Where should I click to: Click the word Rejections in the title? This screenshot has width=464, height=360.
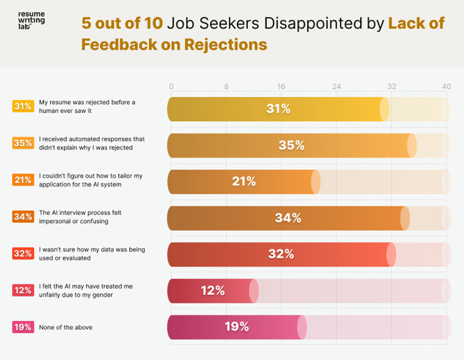(x=226, y=44)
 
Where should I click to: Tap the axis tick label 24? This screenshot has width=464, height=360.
(x=336, y=86)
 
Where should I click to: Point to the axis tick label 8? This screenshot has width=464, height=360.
(x=226, y=86)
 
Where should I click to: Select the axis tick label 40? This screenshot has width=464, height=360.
(x=446, y=86)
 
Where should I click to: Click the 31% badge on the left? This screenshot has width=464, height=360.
(x=23, y=106)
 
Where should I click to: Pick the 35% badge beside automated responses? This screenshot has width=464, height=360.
(x=23, y=143)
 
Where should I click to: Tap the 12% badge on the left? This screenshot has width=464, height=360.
(x=23, y=290)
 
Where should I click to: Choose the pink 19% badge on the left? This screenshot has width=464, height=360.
(x=23, y=327)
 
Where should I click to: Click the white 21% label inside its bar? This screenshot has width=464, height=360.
(x=244, y=182)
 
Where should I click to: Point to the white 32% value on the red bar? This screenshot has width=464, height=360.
(x=281, y=254)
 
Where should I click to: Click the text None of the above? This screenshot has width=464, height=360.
(x=66, y=327)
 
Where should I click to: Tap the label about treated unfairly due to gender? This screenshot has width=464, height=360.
(x=86, y=290)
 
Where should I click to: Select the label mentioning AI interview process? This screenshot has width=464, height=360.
(x=80, y=217)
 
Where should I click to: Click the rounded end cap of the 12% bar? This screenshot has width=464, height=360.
(x=254, y=291)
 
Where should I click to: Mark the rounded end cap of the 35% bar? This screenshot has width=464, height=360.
(x=412, y=146)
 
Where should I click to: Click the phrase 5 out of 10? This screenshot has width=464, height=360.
(x=122, y=23)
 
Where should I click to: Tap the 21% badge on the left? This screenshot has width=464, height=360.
(x=23, y=180)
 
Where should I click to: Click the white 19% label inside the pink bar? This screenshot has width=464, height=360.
(x=237, y=327)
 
